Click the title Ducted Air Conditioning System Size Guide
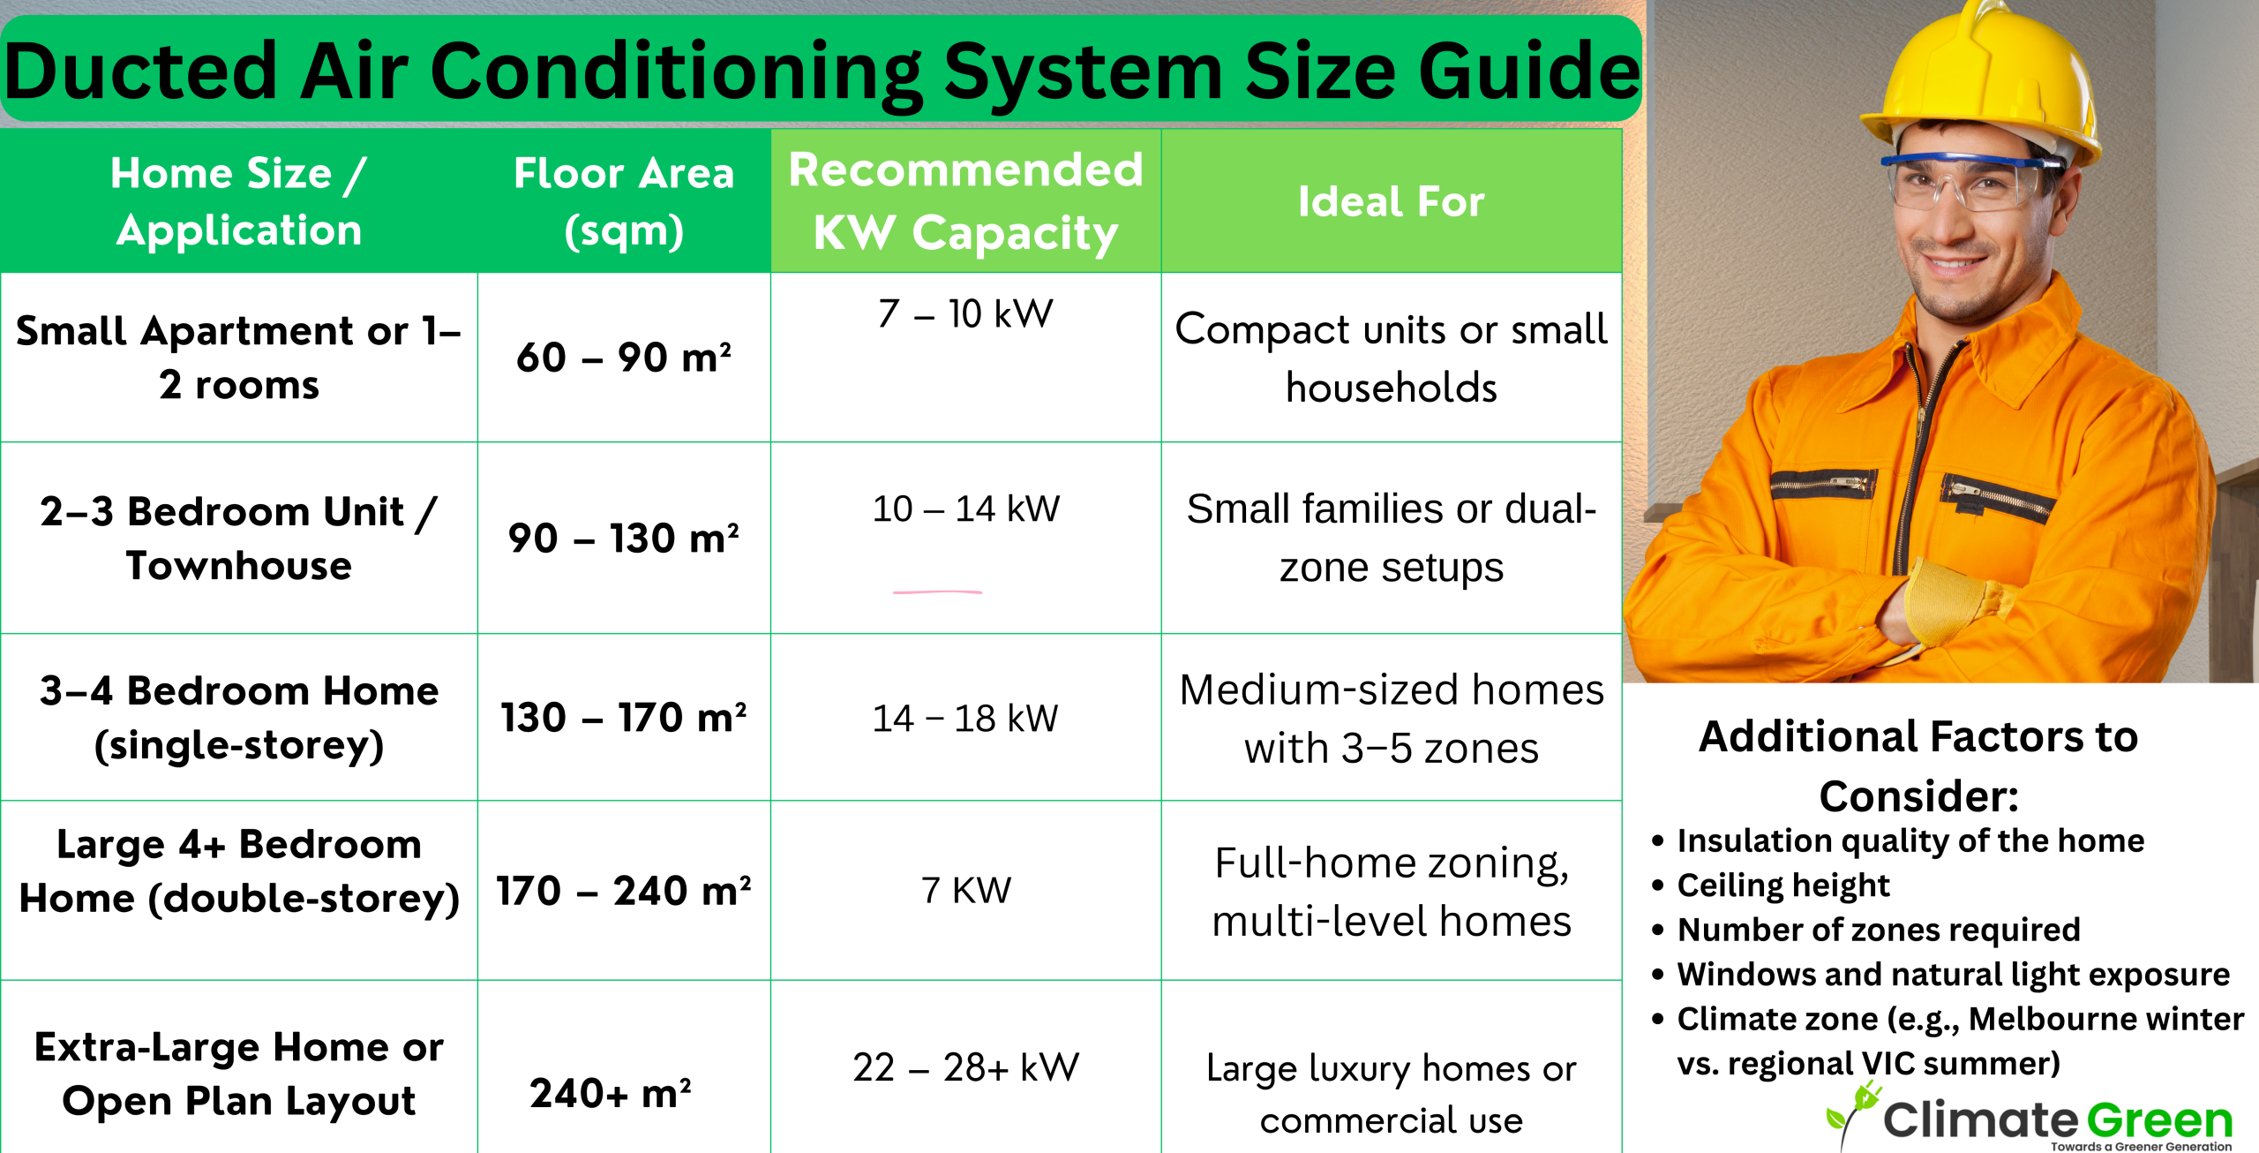[822, 71]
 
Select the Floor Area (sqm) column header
[624, 201]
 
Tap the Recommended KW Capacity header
[966, 201]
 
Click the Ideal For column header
[1392, 201]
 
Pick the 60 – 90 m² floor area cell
[624, 358]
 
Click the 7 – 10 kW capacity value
[966, 313]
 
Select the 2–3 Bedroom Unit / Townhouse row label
[238, 539]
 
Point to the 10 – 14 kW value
[966, 509]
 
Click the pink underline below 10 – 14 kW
[937, 592]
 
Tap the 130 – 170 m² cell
[624, 717]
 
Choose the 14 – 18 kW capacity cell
[965, 718]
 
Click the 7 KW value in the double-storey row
[966, 890]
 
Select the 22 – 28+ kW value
[966, 1067]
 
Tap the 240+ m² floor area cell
[611, 1094]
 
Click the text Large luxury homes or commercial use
[1392, 1094]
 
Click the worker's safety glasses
[1968, 181]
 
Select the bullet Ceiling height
[1783, 885]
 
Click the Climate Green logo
[2030, 1117]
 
